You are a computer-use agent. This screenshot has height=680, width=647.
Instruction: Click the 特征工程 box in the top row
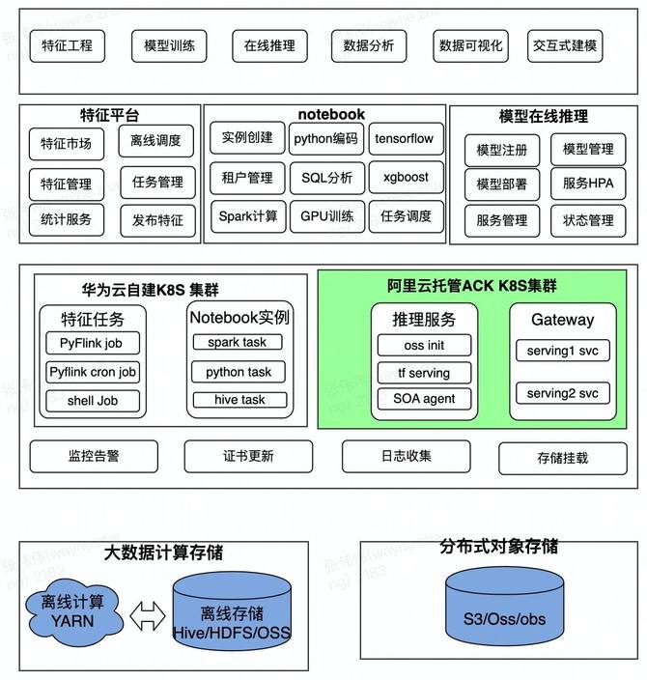point(68,45)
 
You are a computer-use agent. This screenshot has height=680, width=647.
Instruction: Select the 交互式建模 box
point(564,45)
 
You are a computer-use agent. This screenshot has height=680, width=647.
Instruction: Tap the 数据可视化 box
point(470,45)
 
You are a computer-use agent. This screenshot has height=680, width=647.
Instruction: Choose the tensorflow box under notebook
point(403,138)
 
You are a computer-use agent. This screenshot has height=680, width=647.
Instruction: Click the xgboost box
point(406,178)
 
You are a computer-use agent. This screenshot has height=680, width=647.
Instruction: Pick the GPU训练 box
point(327,216)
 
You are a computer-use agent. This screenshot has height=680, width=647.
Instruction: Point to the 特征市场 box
point(66,145)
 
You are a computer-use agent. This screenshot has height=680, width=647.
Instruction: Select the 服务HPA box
point(588,183)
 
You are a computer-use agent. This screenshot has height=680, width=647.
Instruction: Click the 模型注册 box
point(502,151)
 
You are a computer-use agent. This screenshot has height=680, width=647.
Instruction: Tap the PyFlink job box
point(93,343)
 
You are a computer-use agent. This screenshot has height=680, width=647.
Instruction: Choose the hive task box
point(239,400)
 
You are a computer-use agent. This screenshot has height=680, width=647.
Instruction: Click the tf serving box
point(424,373)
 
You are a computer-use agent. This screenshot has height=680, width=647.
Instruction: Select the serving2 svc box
point(563,393)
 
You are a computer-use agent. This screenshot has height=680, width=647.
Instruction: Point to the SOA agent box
point(424,398)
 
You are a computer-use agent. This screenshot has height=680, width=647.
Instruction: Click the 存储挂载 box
point(562,458)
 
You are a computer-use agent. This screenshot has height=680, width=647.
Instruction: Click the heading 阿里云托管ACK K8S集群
point(472,286)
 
